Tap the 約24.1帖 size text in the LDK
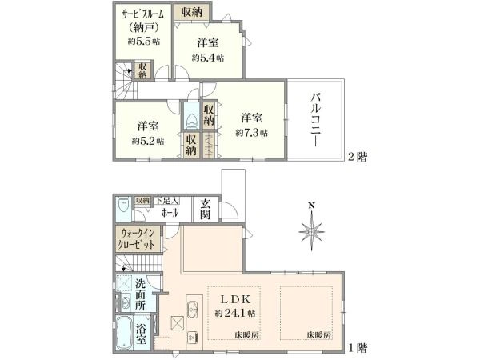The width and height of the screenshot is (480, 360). (235, 313)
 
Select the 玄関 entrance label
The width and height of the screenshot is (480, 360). (205, 210)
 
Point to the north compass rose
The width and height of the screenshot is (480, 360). (311, 227)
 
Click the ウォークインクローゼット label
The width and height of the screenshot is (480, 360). (137, 239)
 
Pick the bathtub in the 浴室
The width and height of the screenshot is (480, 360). (125, 334)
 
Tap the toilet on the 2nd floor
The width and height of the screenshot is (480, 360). (192, 120)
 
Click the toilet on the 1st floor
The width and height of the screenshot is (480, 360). (123, 205)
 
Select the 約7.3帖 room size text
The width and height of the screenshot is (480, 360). (252, 133)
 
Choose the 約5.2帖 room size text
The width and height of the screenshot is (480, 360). (148, 141)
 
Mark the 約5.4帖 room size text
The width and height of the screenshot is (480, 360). (208, 58)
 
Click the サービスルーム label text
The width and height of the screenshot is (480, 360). (142, 14)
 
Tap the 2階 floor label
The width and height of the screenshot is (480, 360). (358, 157)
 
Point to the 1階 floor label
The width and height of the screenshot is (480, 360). (358, 348)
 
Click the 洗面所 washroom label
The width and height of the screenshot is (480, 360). (141, 294)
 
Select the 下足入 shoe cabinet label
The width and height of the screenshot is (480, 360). (167, 201)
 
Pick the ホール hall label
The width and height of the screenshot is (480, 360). (169, 213)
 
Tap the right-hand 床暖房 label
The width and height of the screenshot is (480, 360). (319, 335)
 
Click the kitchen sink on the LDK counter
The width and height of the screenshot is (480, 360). (192, 307)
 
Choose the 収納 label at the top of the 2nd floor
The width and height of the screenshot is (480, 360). (192, 12)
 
